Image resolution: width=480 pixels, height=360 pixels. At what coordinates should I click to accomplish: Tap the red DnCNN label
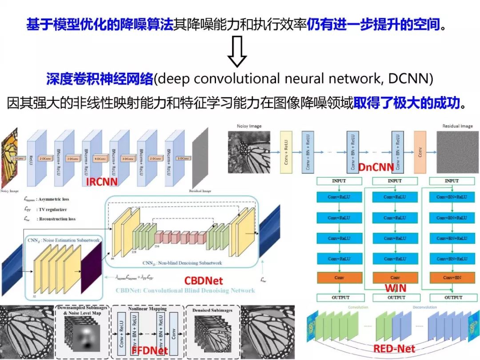[369, 167]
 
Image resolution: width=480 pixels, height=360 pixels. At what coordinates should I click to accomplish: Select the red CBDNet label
[203, 280]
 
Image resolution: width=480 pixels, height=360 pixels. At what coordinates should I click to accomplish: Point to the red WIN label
[396, 288]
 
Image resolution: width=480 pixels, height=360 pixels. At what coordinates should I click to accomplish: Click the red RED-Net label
[394, 349]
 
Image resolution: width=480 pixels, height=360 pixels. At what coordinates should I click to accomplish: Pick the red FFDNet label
[150, 350]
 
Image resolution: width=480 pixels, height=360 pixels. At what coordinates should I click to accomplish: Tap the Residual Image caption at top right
[457, 126]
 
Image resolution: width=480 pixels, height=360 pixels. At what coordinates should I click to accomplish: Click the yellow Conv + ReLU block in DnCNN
[286, 152]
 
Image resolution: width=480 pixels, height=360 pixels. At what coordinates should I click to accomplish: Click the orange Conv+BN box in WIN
[452, 277]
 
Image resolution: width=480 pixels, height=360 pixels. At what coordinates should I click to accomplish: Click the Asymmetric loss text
[53, 200]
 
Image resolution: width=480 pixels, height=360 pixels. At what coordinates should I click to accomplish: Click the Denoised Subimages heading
[212, 310]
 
